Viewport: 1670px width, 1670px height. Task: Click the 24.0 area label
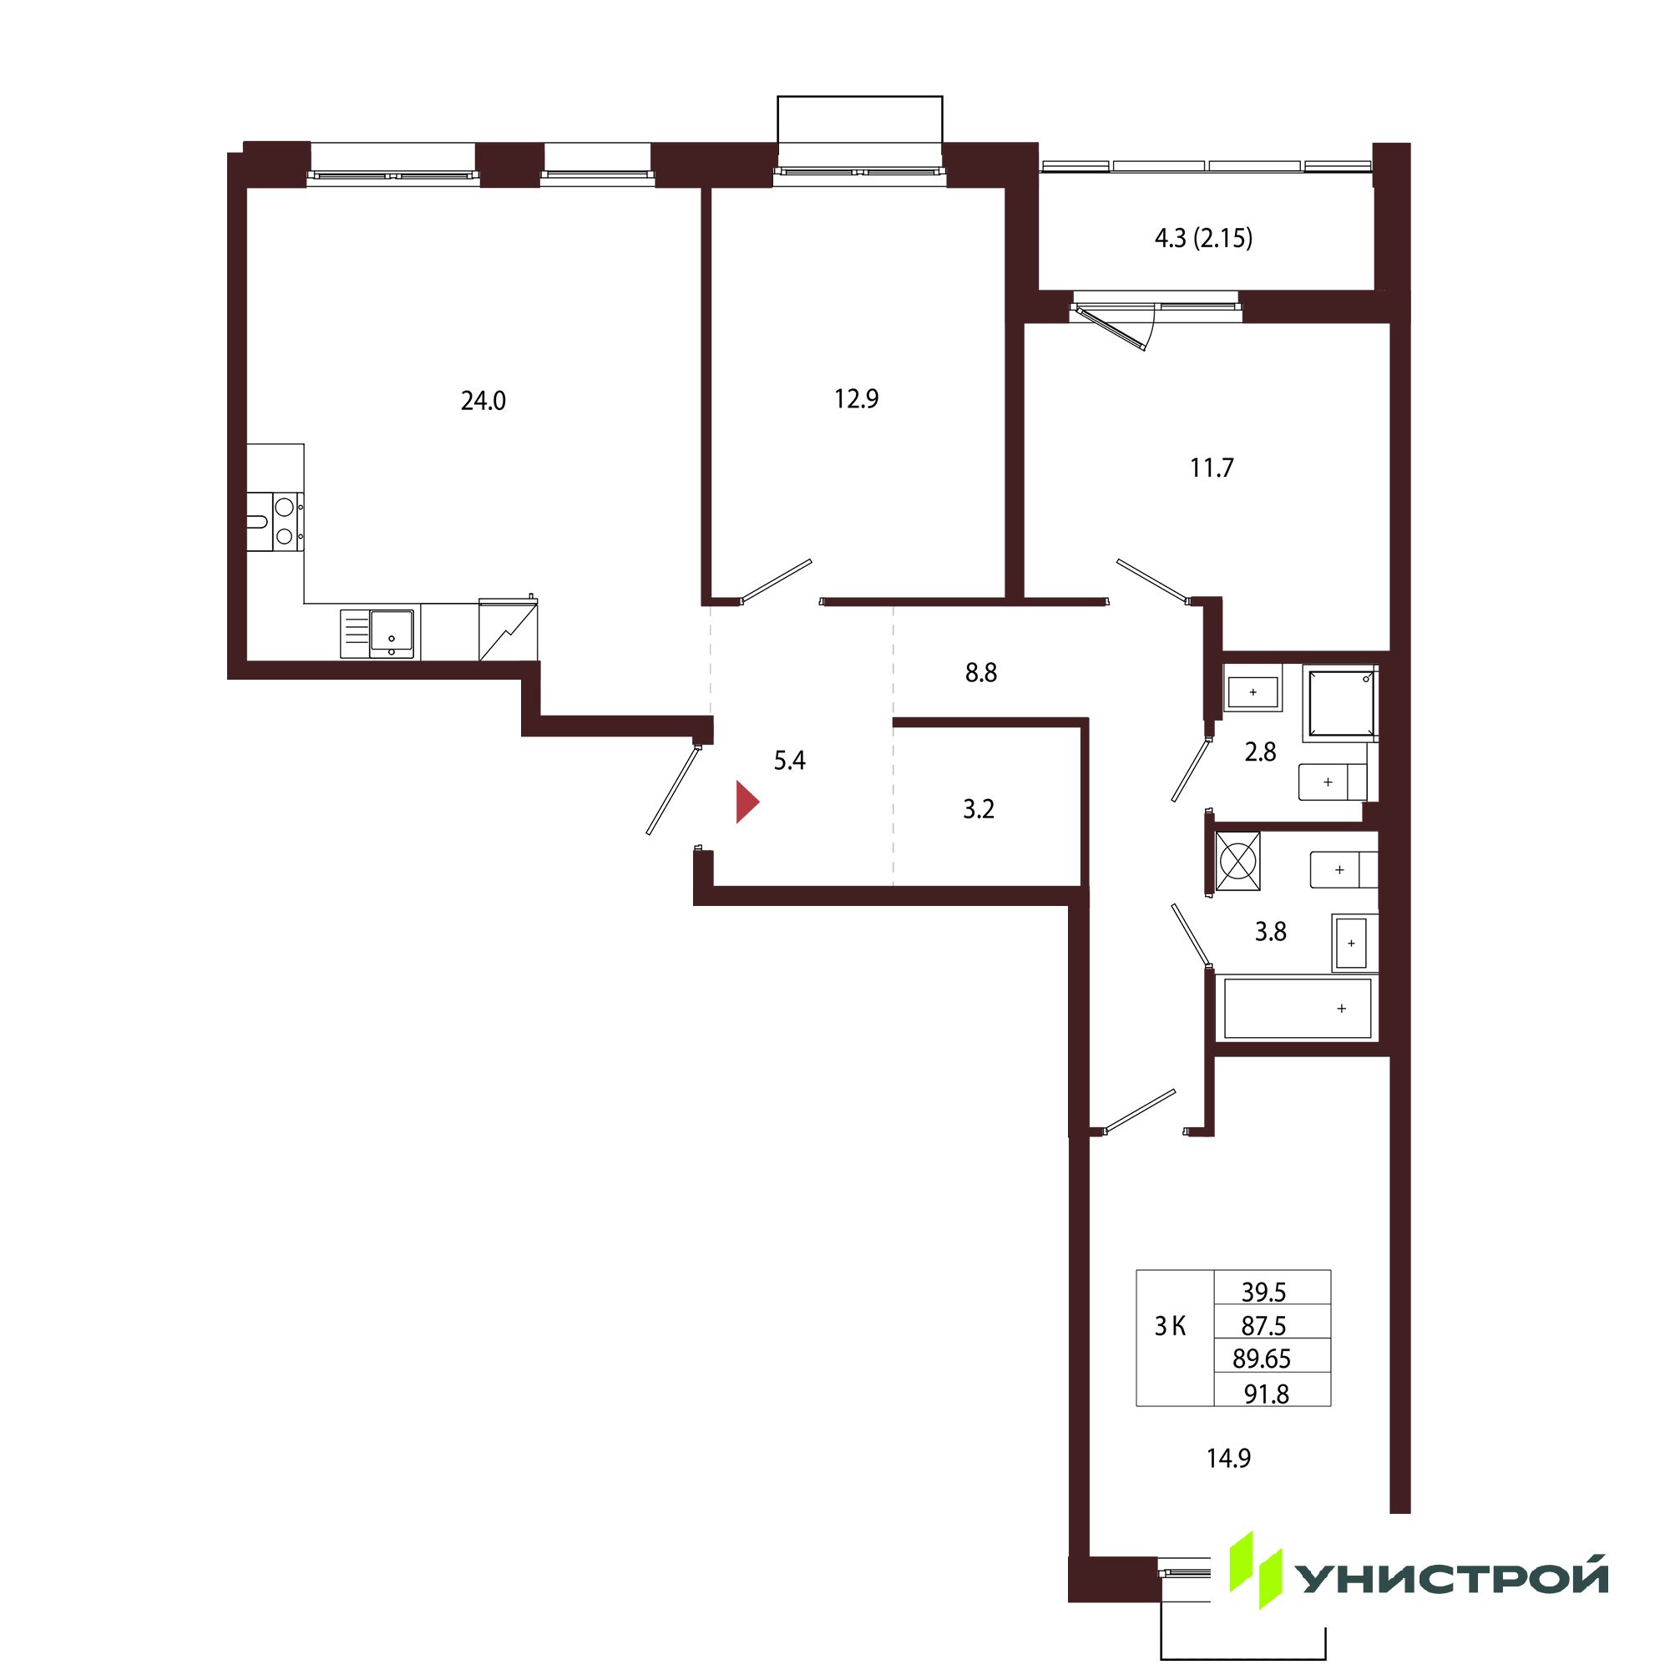click(483, 401)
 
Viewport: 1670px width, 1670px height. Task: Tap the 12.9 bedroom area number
click(856, 398)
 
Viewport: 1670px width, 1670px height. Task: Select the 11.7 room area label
click(1212, 468)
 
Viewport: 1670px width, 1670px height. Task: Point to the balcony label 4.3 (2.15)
click(1203, 238)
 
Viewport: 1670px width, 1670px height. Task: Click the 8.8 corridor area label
click(981, 672)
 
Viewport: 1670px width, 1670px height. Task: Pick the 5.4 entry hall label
click(789, 761)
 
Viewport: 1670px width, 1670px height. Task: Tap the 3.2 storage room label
click(979, 809)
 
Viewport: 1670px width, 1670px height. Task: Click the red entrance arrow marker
click(746, 802)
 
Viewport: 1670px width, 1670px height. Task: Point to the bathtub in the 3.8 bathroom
click(1297, 1008)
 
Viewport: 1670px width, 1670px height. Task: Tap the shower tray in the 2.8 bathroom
click(1340, 705)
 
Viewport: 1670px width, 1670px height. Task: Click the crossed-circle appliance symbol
click(1237, 861)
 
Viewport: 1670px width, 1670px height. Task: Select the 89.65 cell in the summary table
click(1262, 1359)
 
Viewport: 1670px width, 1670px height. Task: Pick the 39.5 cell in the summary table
click(1263, 1293)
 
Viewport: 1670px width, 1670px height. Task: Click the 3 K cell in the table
click(1171, 1326)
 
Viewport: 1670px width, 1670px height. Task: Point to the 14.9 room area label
click(1228, 1459)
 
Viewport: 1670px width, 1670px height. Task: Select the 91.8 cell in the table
click(1267, 1394)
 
